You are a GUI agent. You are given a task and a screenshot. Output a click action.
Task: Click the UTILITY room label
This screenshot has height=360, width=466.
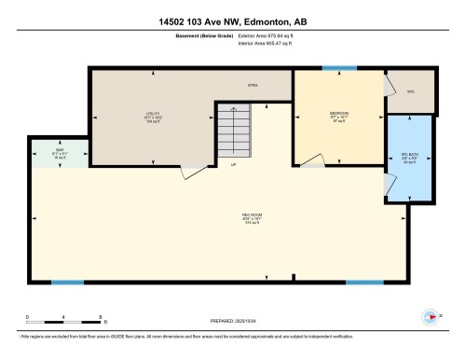pos(141,117)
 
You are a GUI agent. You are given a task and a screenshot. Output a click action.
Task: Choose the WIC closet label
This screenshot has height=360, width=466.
pos(411,91)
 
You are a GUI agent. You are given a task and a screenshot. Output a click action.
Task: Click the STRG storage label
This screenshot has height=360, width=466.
pos(252,85)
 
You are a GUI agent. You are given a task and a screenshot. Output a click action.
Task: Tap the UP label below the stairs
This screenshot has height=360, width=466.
pos(233,165)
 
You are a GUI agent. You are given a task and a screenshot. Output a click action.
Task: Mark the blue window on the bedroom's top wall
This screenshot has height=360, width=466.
pos(339,68)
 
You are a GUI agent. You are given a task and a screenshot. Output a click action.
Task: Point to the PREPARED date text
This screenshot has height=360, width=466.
pos(233,319)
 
